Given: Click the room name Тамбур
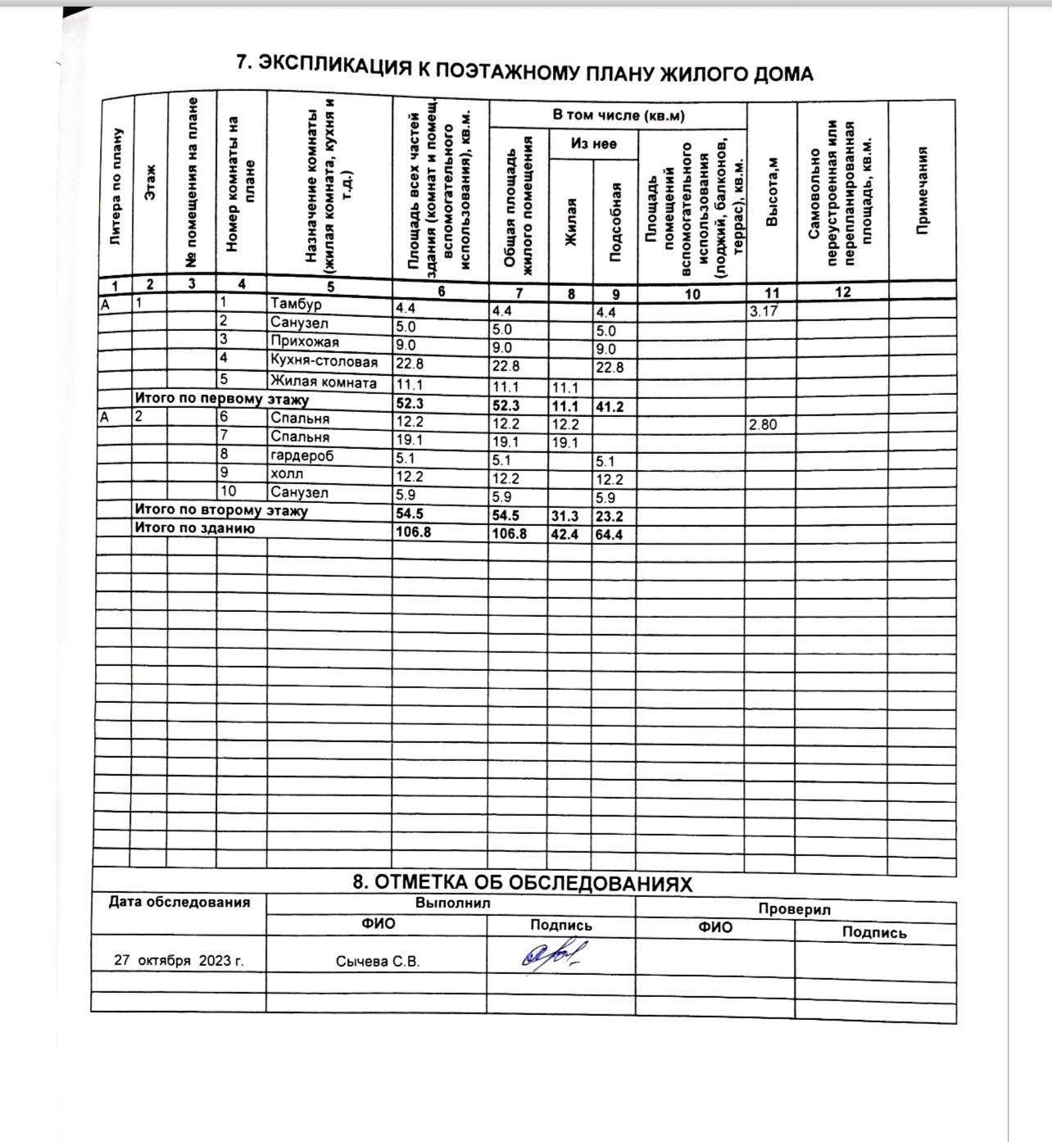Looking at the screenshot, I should point(296,304).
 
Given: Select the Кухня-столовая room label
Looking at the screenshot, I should point(324,361).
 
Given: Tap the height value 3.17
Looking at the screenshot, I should point(763,311).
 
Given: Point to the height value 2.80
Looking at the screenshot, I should point(763,424).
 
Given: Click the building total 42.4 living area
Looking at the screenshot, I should point(565,534).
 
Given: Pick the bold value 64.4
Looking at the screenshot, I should point(610,535).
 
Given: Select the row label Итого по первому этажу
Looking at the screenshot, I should point(221,400).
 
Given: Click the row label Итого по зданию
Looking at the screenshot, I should point(195,528).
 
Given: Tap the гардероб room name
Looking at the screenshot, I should point(302,455).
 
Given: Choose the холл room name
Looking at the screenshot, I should point(287,474).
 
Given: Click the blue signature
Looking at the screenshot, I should point(556,954).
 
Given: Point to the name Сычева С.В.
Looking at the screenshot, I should point(378,962).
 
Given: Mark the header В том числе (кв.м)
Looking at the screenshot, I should point(618,115).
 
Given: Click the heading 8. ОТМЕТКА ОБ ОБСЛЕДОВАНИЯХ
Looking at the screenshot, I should point(522,883).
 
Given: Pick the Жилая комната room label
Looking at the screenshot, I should point(324,383).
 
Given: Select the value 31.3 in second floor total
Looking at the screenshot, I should point(565,516).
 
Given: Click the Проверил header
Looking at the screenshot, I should point(794,909).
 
